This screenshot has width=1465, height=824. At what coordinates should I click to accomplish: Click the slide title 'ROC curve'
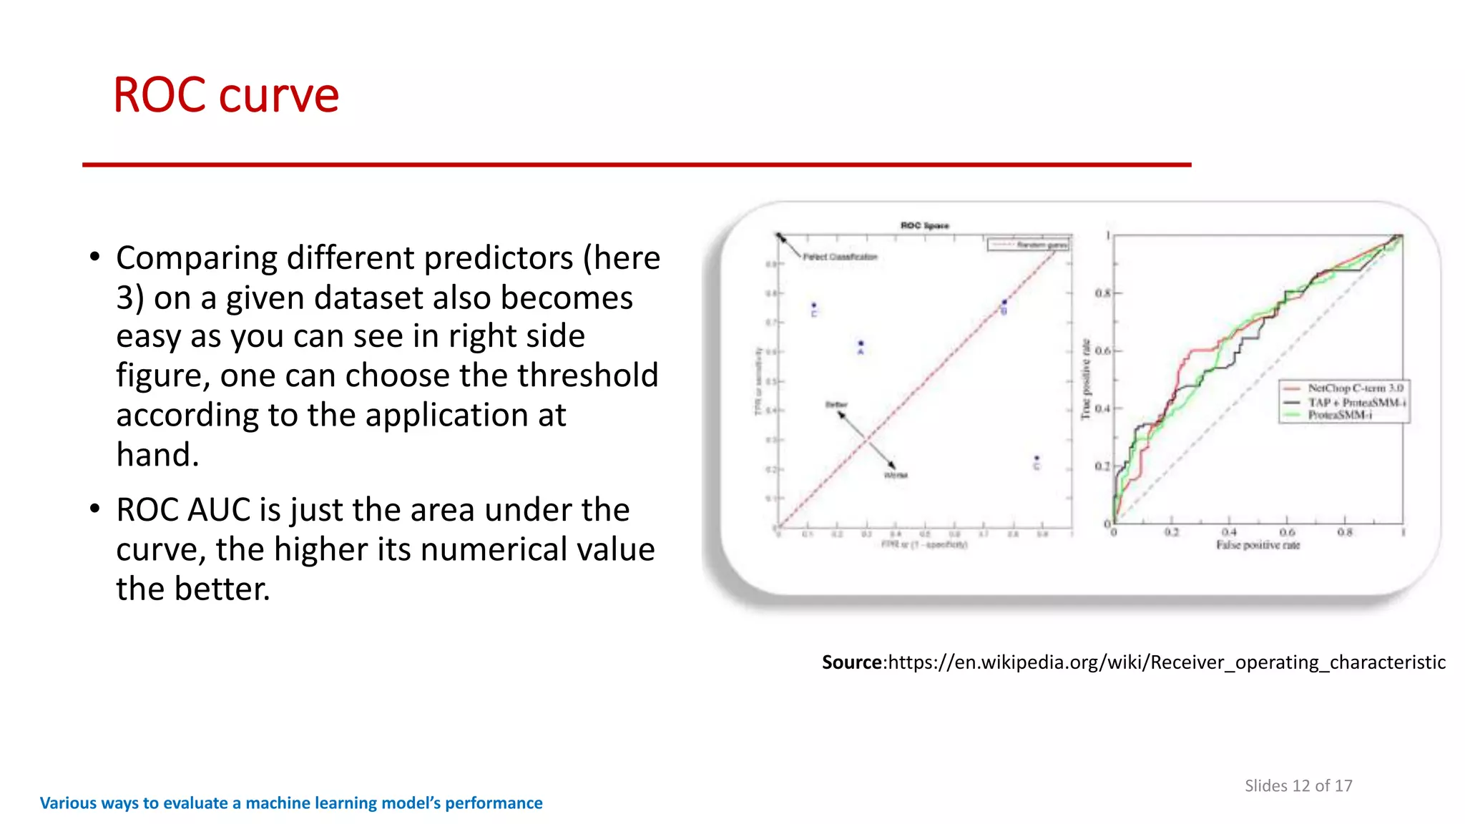tap(226, 95)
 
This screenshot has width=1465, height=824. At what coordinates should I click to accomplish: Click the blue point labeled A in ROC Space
tap(861, 343)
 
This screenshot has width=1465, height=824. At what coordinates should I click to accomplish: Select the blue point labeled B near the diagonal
tap(1004, 303)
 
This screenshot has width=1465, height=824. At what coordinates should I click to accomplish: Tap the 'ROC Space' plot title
tap(924, 225)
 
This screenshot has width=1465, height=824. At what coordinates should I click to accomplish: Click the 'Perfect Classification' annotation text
tap(840, 257)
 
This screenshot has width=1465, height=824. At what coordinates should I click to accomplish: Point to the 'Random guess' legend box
tap(1029, 245)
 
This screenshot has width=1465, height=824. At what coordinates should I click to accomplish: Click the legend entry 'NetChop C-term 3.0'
tap(1355, 388)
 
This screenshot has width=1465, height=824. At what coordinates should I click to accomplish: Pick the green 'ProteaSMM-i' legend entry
tap(1339, 415)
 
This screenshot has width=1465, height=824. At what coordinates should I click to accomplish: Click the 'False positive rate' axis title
tap(1258, 545)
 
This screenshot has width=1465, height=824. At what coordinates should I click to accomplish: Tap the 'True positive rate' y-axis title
tap(1086, 379)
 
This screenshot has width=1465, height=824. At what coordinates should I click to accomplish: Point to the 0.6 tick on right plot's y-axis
tap(1102, 350)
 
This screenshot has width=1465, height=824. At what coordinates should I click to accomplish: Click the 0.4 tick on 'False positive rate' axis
tap(1228, 532)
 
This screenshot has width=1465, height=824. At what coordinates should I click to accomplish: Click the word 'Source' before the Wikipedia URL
tap(852, 662)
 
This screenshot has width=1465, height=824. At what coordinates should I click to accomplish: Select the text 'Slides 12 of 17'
tap(1298, 785)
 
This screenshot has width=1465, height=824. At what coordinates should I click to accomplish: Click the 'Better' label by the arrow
tap(836, 405)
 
